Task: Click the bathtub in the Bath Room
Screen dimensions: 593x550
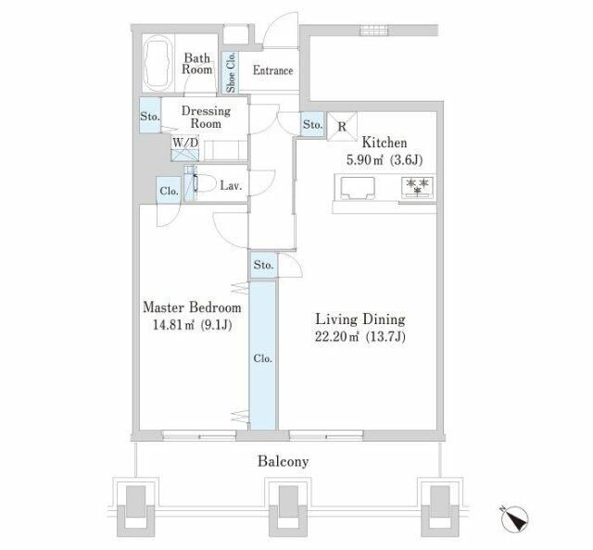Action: (x=158, y=64)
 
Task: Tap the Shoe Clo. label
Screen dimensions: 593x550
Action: (x=231, y=72)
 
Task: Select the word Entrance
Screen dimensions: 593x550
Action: (x=272, y=70)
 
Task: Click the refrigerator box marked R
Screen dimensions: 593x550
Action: (x=342, y=127)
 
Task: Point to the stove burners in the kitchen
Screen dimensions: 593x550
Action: (x=418, y=186)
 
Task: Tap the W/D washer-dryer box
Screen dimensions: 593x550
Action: (x=185, y=149)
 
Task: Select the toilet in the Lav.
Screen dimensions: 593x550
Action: (x=204, y=183)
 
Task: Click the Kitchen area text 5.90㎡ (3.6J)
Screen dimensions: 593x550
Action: (x=385, y=160)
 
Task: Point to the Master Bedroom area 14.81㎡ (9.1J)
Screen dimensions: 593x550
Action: (x=192, y=325)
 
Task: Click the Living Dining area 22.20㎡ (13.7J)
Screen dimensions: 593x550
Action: (x=360, y=336)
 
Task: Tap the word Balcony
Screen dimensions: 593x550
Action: (x=283, y=461)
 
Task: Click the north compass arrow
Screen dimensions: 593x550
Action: (x=514, y=519)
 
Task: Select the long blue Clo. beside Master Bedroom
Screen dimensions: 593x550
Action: (x=263, y=356)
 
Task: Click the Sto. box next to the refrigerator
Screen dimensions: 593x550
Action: (x=313, y=124)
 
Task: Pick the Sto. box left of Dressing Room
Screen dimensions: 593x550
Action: (x=150, y=116)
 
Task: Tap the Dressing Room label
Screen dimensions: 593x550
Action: (x=206, y=118)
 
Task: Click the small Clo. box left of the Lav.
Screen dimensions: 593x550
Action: (x=169, y=191)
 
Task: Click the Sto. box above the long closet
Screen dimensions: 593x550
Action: (x=263, y=265)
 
